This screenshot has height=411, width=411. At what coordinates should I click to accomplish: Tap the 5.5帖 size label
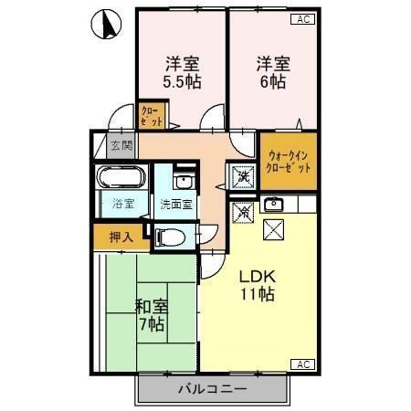point(182,81)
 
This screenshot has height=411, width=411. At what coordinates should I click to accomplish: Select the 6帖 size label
point(272,81)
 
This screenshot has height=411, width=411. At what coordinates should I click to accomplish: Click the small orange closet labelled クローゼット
point(151,116)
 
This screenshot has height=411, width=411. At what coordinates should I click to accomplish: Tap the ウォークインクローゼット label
point(287,162)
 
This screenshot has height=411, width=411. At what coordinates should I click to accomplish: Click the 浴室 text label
point(121,204)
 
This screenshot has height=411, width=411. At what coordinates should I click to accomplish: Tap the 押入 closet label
point(121,237)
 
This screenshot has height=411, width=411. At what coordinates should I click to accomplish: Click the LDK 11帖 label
point(258,285)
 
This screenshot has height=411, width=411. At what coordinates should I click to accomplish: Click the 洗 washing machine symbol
point(242,174)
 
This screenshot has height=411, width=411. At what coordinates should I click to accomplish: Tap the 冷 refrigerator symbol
point(242,211)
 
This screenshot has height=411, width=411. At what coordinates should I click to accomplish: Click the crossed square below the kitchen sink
point(274,228)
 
